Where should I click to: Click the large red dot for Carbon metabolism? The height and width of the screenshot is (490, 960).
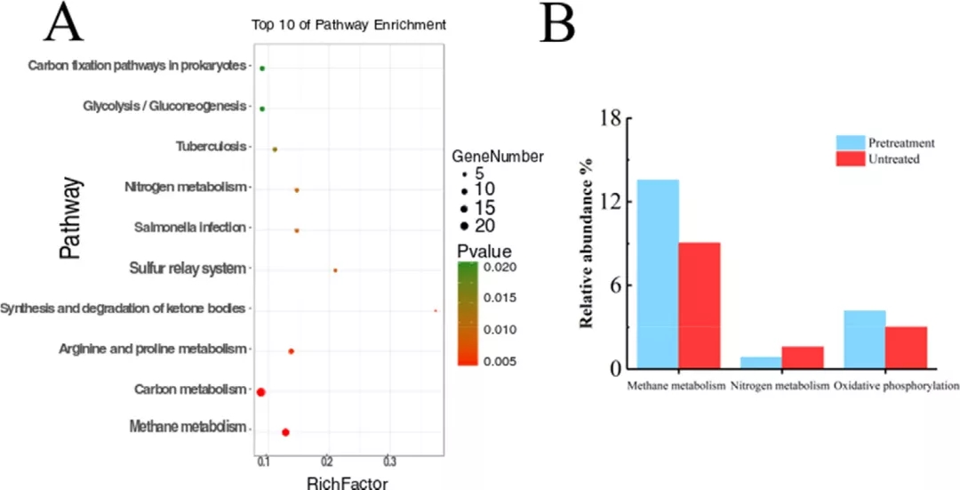pos(261,391)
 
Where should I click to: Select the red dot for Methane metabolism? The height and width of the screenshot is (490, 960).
pos(285,432)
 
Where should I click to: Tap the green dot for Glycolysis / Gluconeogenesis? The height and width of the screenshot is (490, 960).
pos(262,108)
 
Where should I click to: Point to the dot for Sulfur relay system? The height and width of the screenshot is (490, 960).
pos(335,269)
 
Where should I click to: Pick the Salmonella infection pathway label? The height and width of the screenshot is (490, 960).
pos(189,228)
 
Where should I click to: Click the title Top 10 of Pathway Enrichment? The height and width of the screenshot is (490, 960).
pos(348,26)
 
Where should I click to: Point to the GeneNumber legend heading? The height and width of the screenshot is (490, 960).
pos(498,157)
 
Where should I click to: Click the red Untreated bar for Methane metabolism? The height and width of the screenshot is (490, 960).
pos(700,305)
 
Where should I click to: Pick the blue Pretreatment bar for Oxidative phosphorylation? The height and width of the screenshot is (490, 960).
pos(863,339)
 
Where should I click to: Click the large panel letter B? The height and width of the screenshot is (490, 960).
pos(557,25)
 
